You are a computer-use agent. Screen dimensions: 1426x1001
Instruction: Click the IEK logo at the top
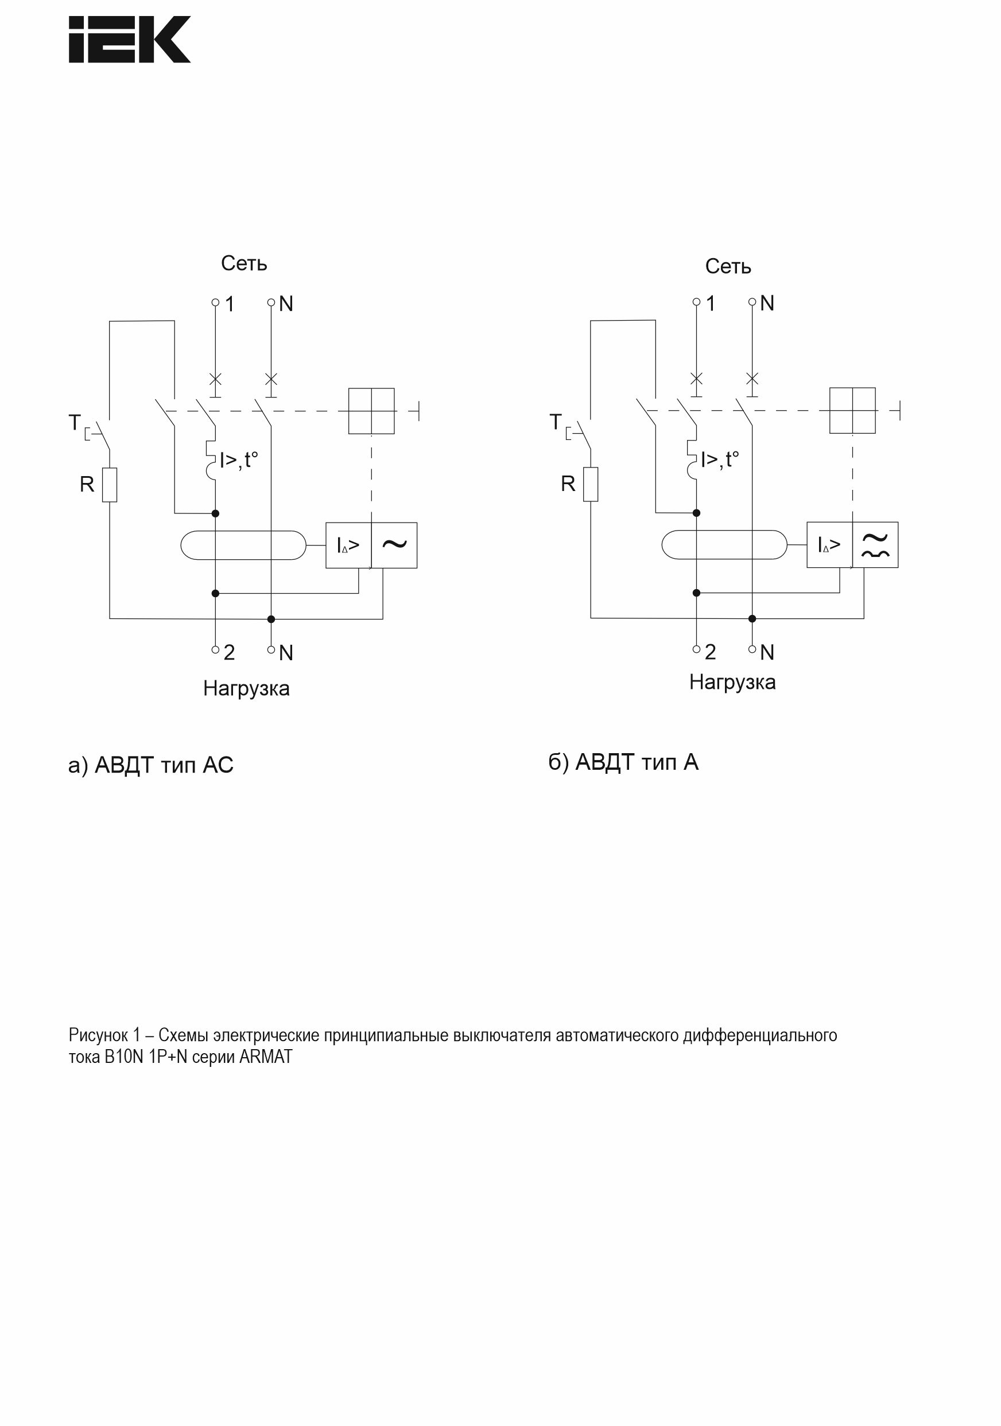[x=129, y=39]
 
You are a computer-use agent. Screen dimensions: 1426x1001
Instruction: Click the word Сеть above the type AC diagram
[x=243, y=263]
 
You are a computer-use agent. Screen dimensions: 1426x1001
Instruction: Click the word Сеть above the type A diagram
[x=728, y=267]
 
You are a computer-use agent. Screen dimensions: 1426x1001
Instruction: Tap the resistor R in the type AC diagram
[x=110, y=485]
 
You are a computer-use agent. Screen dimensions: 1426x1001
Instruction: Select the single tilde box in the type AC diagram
[x=394, y=545]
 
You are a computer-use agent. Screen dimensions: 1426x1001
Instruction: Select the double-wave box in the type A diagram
[x=875, y=545]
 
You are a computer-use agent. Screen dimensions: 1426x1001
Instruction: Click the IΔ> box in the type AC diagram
[x=348, y=545]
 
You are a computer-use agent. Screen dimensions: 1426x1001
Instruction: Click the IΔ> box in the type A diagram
[x=829, y=545]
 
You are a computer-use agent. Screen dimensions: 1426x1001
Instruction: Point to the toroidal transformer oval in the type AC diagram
[x=243, y=545]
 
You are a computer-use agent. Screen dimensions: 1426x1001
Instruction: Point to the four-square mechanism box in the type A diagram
[x=852, y=411]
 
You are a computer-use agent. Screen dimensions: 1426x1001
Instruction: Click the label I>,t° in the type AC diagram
[x=239, y=459]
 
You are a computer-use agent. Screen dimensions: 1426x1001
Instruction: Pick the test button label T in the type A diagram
[x=556, y=422]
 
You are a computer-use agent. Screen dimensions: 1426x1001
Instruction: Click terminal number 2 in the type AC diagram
[x=229, y=652]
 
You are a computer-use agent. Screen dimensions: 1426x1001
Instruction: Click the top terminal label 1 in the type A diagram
[x=711, y=303]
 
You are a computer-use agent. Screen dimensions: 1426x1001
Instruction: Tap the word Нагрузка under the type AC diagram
[x=246, y=688]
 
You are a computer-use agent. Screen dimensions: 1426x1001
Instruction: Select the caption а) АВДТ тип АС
[x=150, y=765]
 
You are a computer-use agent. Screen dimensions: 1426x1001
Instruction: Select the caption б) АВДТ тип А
[x=623, y=762]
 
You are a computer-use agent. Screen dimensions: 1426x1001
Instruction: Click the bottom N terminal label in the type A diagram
[x=767, y=652]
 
